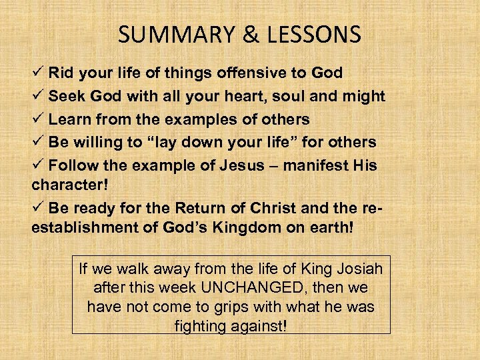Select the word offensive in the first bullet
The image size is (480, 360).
point(245,73)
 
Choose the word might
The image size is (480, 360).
point(364,96)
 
